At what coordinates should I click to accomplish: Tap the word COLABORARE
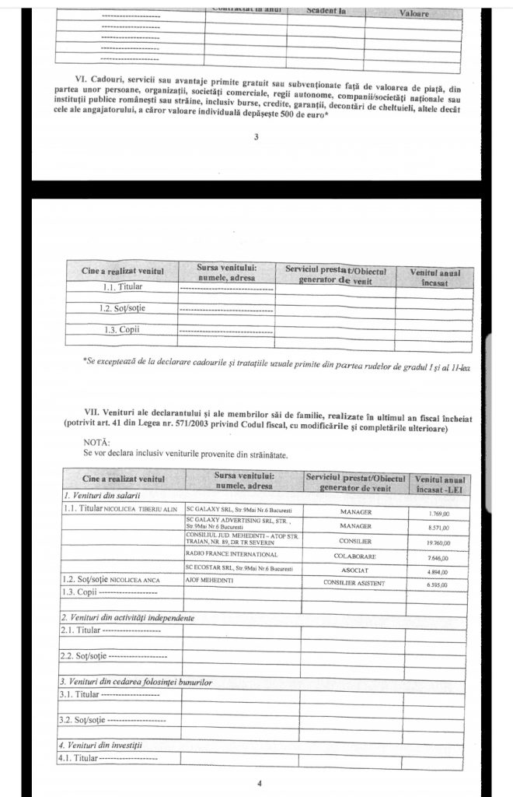(357, 556)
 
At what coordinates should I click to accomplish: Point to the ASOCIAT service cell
(357, 570)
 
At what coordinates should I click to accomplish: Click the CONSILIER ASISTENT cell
(357, 582)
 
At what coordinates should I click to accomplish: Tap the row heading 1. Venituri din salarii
(95, 495)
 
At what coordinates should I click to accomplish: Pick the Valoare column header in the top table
(414, 13)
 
